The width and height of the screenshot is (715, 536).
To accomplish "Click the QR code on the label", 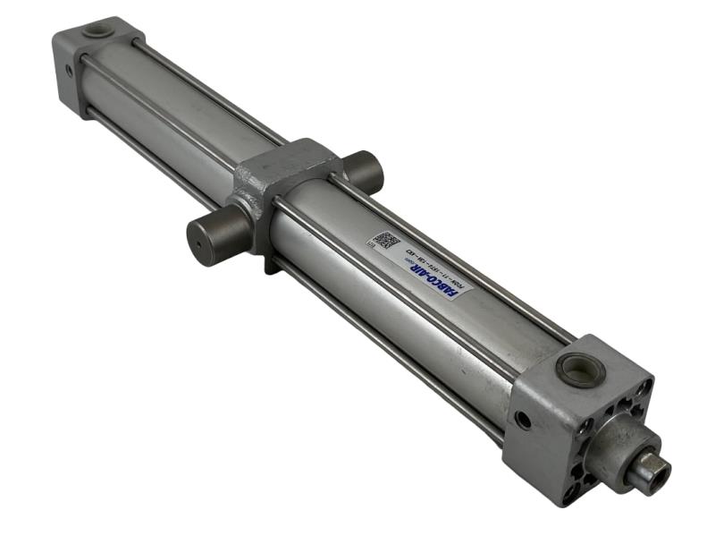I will tap(386, 242).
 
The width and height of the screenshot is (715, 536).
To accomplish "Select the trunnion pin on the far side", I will tap(364, 169).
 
